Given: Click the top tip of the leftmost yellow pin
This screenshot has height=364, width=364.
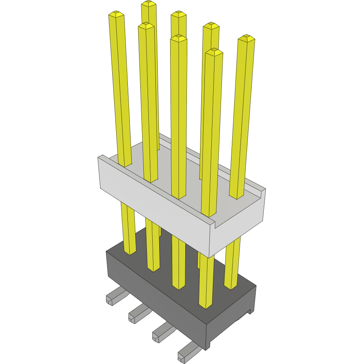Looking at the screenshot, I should tap(117, 14).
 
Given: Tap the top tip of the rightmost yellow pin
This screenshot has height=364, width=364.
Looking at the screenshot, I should tap(246, 38).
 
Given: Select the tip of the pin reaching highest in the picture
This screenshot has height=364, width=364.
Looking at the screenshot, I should tap(148, 4).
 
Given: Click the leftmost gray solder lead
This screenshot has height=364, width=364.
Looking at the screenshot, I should tap(114, 296).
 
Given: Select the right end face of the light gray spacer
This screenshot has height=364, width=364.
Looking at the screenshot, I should tap(238, 229).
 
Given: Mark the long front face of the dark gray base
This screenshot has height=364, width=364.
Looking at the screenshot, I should tap(155, 299).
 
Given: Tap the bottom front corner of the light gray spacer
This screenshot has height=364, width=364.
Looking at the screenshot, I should tap(209, 257).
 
